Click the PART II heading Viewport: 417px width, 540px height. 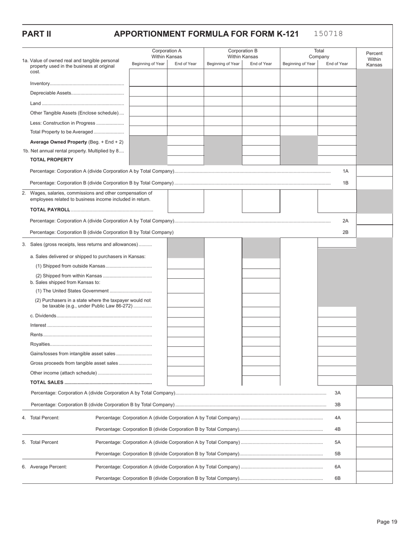(x=36, y=34)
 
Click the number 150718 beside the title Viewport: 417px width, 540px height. (x=328, y=34)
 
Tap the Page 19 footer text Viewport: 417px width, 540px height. (x=387, y=522)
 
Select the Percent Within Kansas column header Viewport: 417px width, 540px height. (x=374, y=59)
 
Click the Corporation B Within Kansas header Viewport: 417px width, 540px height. (x=242, y=54)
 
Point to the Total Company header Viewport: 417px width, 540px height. (x=319, y=54)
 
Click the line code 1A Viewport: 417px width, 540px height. (x=345, y=171)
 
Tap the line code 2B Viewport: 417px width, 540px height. (x=345, y=232)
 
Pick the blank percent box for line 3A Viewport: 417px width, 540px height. (x=374, y=392)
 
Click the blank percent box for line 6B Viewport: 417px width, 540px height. (x=374, y=478)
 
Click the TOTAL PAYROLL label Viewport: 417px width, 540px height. (x=50, y=209)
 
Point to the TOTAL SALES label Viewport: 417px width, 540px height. (x=47, y=382)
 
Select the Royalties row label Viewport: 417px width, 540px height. (x=40, y=344)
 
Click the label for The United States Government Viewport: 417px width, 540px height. (x=72, y=291)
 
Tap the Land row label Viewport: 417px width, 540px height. (x=36, y=103)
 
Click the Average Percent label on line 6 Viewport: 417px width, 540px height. (x=48, y=467)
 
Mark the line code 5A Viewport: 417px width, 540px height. (x=338, y=442)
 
